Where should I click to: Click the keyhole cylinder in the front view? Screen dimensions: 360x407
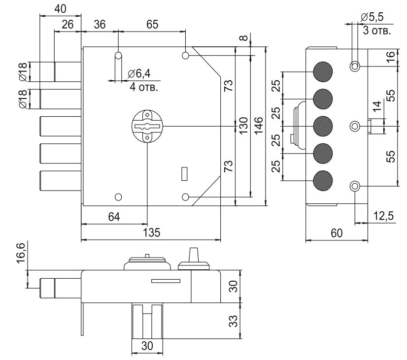tap(147, 127)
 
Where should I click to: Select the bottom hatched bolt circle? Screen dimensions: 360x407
tap(323, 181)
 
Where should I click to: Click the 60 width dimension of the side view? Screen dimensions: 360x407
tap(337, 233)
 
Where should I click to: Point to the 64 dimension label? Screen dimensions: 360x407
tap(114, 216)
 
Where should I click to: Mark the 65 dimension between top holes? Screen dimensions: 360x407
tap(152, 25)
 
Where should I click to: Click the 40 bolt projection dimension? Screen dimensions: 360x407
tap(60, 8)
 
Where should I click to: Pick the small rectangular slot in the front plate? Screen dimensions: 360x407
tap(185, 174)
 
